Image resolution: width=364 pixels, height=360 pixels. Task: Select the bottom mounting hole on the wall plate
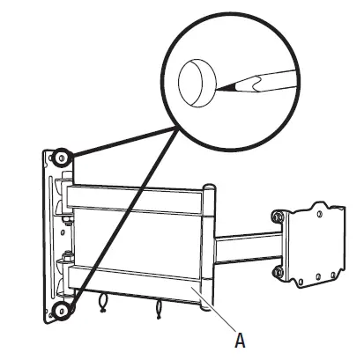61,308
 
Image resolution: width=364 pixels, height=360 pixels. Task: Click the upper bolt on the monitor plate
279,216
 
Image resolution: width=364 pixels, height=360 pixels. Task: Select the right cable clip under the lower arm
160,311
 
